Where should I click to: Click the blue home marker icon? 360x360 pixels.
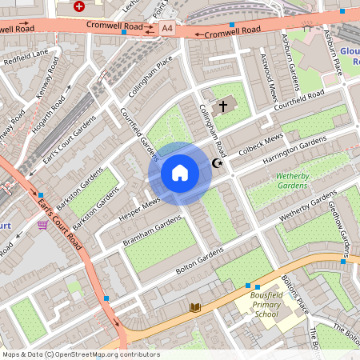180,173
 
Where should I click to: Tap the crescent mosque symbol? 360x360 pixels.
216,164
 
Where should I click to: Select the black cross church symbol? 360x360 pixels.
223,105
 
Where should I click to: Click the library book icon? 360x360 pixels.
195,306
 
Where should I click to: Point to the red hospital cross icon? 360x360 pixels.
78,6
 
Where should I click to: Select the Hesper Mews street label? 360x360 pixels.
141,207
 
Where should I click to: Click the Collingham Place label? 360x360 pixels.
154,74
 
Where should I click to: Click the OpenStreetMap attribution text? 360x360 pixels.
80,354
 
